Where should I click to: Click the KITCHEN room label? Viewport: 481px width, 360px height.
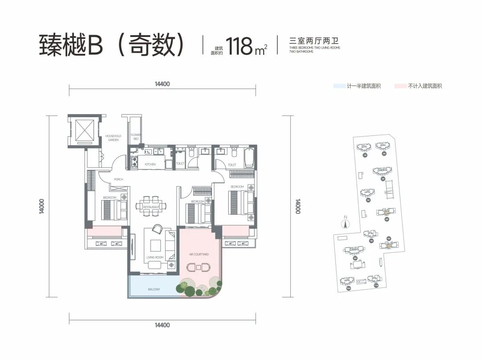[x=150, y=164]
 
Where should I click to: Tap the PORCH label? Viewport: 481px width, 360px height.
[x=118, y=180]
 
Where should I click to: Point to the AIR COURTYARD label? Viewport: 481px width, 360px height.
[x=199, y=254]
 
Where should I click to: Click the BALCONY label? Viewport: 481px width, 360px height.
[x=154, y=290]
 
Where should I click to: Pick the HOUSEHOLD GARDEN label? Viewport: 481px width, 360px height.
[x=113, y=138]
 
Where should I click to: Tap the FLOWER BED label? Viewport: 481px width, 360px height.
[x=135, y=137]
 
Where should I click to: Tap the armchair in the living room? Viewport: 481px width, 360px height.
[x=157, y=229]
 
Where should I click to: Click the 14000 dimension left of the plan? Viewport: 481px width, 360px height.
[x=41, y=206]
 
